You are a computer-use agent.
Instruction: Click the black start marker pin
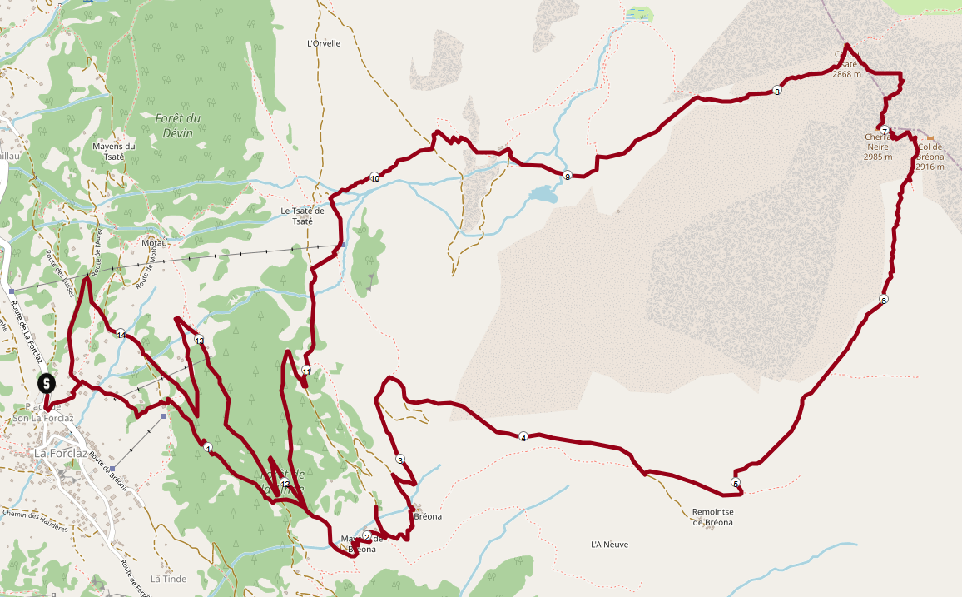[47, 384]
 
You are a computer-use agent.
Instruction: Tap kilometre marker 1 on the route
[207, 448]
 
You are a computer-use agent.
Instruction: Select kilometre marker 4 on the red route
[523, 436]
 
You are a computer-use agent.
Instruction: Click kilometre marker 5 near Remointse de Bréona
[735, 483]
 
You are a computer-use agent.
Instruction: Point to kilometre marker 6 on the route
[883, 300]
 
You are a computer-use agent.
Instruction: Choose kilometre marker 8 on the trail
[777, 92]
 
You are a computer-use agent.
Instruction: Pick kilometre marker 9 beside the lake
[567, 176]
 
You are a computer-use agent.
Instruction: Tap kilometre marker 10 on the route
[374, 177]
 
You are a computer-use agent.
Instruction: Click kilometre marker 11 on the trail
[306, 371]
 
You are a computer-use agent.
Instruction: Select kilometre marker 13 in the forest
[199, 340]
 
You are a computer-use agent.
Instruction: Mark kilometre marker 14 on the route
[121, 334]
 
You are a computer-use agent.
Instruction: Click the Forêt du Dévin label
[173, 126]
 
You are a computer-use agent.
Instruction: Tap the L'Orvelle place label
[324, 43]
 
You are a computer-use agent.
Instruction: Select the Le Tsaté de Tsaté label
[297, 216]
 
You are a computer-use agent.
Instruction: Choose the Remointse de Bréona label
[712, 517]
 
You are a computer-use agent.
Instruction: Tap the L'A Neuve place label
[609, 545]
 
